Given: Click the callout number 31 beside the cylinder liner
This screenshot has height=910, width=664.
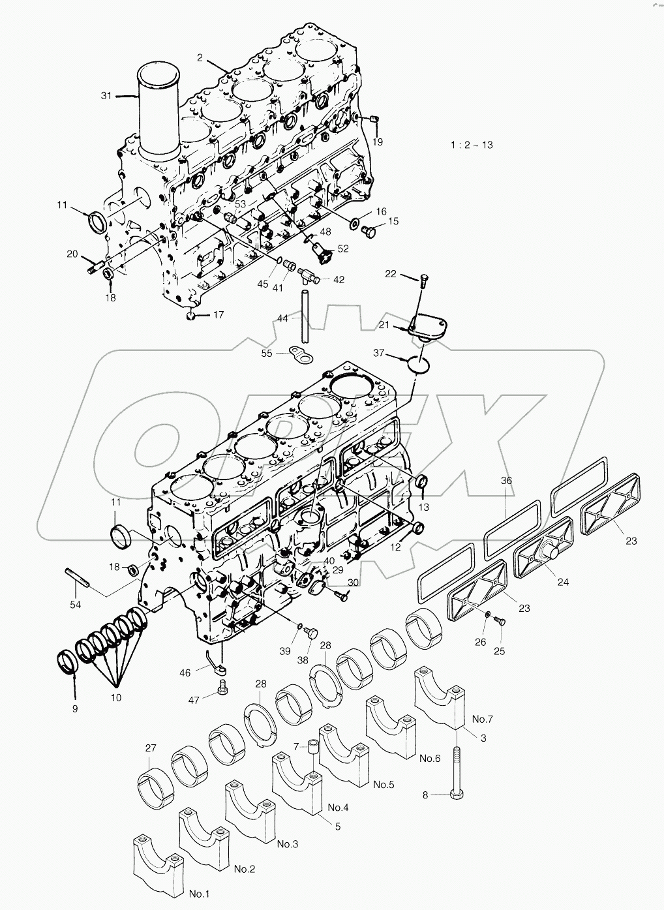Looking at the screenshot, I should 106,96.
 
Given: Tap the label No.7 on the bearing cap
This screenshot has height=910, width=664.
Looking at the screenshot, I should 483,719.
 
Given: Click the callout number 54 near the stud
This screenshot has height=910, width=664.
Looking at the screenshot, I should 76,605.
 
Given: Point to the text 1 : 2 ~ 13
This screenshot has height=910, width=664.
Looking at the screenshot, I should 471,145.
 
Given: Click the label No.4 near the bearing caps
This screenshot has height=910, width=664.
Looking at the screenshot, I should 338,807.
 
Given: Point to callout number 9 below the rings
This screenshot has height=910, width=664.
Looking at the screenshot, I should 74,708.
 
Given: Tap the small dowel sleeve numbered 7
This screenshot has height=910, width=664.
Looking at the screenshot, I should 314,749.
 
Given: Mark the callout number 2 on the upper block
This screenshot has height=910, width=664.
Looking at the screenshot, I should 201,57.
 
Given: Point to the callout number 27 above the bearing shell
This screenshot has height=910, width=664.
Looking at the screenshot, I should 151,749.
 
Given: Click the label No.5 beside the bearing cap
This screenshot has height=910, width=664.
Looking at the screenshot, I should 384,784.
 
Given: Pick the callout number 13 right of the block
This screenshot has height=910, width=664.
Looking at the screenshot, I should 424,507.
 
